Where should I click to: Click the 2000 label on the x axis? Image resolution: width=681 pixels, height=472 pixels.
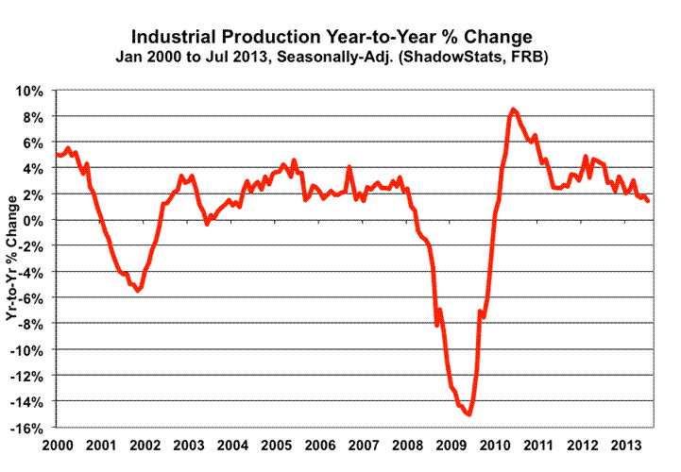click(58, 444)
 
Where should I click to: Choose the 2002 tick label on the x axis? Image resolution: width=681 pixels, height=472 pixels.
click(146, 444)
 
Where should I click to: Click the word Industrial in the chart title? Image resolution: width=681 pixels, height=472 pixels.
click(177, 38)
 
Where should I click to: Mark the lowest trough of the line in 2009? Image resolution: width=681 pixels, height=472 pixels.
click(469, 414)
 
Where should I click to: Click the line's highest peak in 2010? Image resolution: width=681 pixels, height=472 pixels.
click(512, 110)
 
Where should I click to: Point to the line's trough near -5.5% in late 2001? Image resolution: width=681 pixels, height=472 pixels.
click(138, 291)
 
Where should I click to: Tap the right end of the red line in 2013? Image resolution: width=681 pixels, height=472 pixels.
click(648, 200)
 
